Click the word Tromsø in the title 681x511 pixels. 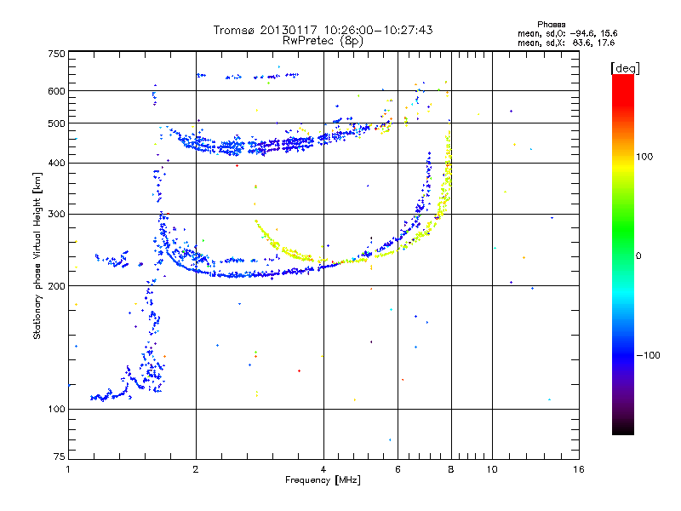click(235, 30)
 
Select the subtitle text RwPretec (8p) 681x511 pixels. click(323, 41)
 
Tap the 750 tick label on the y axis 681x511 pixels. click(57, 54)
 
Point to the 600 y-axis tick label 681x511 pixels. click(57, 91)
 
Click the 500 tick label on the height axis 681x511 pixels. click(57, 123)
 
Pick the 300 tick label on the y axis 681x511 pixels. click(57, 214)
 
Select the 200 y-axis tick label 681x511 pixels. click(57, 286)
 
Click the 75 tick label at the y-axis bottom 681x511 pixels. click(60, 456)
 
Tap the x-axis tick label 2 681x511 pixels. click(196, 469)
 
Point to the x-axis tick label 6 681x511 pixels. click(398, 469)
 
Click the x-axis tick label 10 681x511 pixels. click(492, 469)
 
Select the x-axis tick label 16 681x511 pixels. click(579, 469)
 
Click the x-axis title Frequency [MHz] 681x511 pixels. click(323, 480)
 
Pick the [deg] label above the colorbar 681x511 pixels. click(625, 68)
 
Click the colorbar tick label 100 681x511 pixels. click(644, 157)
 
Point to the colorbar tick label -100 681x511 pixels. click(648, 355)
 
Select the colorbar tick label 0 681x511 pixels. click(638, 256)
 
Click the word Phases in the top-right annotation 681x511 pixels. click(551, 25)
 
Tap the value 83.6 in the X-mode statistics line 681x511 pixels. click(581, 43)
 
